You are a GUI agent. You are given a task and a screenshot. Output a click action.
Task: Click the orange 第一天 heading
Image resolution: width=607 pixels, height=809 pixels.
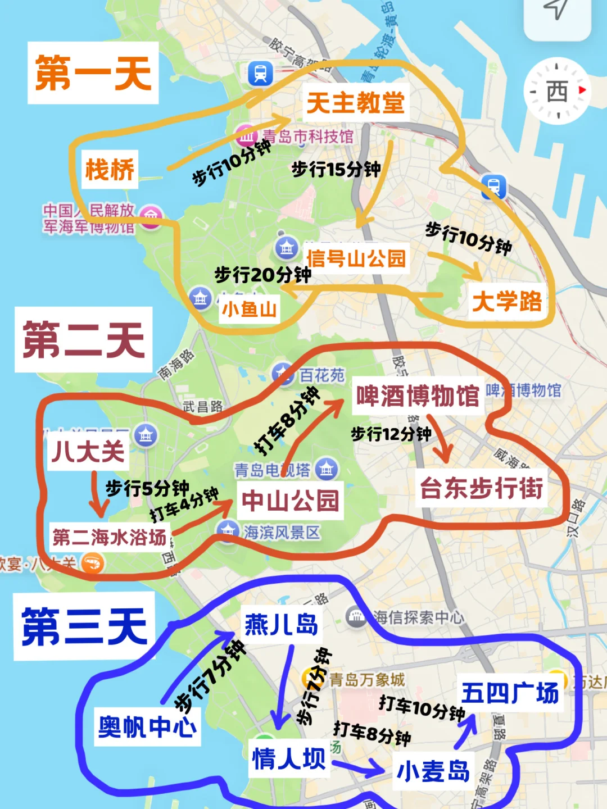click(93, 73)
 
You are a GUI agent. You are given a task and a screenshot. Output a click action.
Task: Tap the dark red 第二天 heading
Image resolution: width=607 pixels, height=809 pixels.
click(84, 340)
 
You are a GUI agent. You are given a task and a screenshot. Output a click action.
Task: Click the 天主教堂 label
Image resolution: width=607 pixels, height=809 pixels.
click(355, 103)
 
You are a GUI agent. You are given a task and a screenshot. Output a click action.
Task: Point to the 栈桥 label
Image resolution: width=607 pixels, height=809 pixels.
click(110, 169)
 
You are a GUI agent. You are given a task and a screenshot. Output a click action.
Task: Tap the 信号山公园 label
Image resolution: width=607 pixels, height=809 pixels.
click(356, 258)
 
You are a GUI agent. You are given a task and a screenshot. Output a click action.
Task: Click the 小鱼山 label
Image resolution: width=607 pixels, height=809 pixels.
click(250, 309)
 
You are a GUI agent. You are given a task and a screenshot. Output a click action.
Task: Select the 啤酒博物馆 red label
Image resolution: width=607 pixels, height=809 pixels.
click(418, 396)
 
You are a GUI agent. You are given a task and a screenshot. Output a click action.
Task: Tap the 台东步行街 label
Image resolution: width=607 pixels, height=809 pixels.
click(482, 488)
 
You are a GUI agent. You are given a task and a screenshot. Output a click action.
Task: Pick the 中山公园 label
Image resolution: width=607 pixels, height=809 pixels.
click(291, 500)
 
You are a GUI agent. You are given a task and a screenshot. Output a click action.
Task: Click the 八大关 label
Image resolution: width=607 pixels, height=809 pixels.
click(88, 451)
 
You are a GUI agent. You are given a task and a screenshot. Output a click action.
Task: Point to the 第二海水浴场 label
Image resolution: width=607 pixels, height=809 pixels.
click(110, 537)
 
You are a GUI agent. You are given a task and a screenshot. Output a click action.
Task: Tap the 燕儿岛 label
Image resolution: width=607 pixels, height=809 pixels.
click(281, 624)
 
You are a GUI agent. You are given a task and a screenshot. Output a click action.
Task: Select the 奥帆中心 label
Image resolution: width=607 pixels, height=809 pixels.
click(147, 727)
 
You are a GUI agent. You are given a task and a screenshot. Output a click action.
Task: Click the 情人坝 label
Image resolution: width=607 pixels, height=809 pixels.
click(289, 758)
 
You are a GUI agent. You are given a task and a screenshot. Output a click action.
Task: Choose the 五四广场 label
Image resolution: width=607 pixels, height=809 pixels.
click(510, 693)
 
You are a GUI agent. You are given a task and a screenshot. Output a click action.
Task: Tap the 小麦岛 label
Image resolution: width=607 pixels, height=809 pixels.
click(433, 771)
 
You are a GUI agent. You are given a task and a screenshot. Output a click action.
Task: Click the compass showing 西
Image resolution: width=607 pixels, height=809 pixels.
click(557, 91)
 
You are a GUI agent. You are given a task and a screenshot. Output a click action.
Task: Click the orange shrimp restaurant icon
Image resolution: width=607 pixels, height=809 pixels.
click(93, 562)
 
